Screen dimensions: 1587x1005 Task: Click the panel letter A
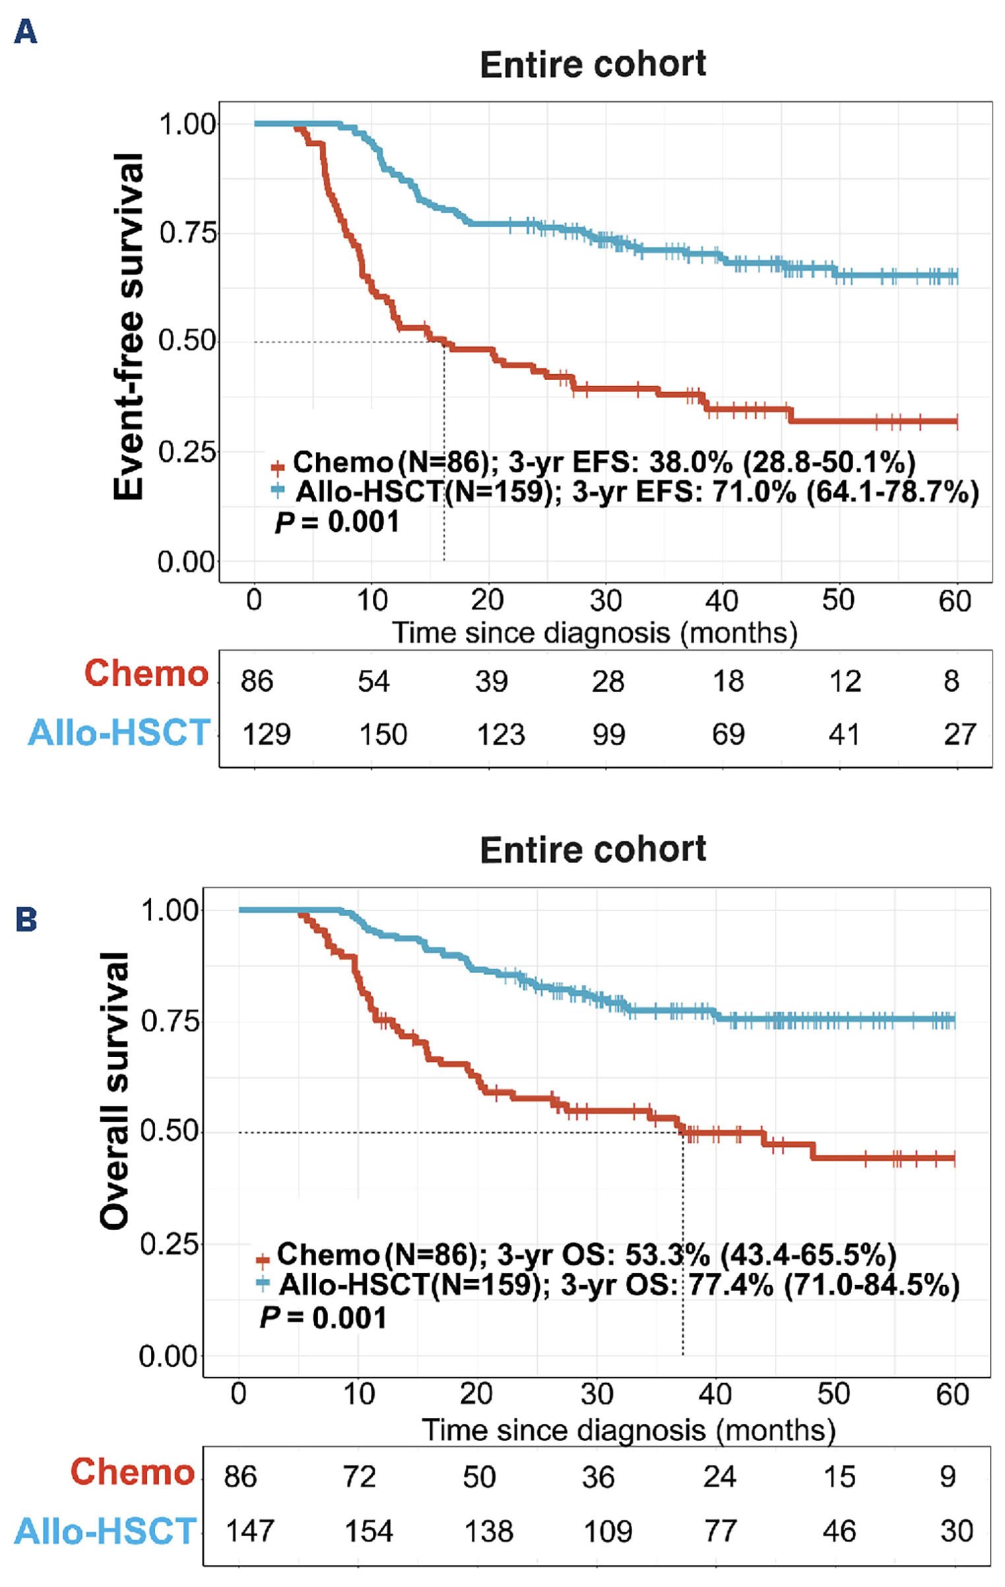(25, 32)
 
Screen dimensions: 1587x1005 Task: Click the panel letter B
(26, 920)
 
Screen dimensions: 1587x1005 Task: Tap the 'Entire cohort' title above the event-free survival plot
(593, 65)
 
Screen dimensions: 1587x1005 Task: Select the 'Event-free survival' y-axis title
(128, 327)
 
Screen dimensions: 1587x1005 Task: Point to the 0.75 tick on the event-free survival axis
(187, 233)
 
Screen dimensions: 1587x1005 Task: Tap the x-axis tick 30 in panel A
(605, 601)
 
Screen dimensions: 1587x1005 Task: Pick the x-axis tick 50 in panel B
(833, 1394)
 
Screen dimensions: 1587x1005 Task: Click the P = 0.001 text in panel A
(337, 522)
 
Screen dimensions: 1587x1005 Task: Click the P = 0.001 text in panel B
(323, 1318)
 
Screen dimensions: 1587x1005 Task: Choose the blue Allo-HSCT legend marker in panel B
(263, 1284)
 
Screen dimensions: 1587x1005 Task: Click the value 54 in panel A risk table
(373, 681)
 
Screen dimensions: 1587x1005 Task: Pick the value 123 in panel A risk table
(501, 734)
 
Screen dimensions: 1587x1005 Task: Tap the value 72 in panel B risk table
(359, 1477)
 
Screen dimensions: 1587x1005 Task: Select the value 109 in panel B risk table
(608, 1531)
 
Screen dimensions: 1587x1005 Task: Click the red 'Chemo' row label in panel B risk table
(133, 1472)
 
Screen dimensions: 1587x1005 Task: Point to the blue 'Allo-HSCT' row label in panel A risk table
(119, 732)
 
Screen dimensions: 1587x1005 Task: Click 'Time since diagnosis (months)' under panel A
(595, 633)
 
